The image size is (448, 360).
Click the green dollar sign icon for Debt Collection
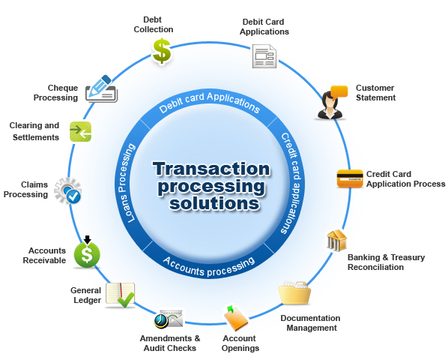[162, 52]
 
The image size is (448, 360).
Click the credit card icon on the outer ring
[350, 178]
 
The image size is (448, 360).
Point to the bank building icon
[336, 241]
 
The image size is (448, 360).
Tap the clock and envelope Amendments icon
[169, 319]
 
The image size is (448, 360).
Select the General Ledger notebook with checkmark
[120, 294]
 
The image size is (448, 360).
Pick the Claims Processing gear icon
[68, 190]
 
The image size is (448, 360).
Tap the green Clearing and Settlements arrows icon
[80, 131]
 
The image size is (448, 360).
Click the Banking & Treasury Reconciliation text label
[386, 262]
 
